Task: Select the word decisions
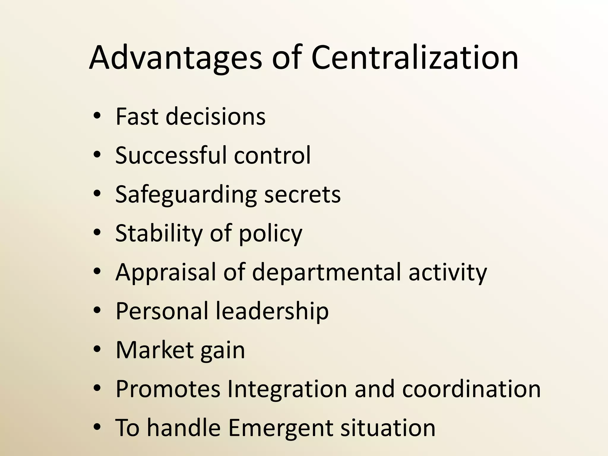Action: (216, 116)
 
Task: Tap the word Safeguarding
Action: (186, 195)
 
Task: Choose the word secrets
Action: (302, 195)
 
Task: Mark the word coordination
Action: (471, 389)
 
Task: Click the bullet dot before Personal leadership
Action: (97, 311)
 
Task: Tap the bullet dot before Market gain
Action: (97, 349)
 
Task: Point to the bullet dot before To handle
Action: (97, 427)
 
